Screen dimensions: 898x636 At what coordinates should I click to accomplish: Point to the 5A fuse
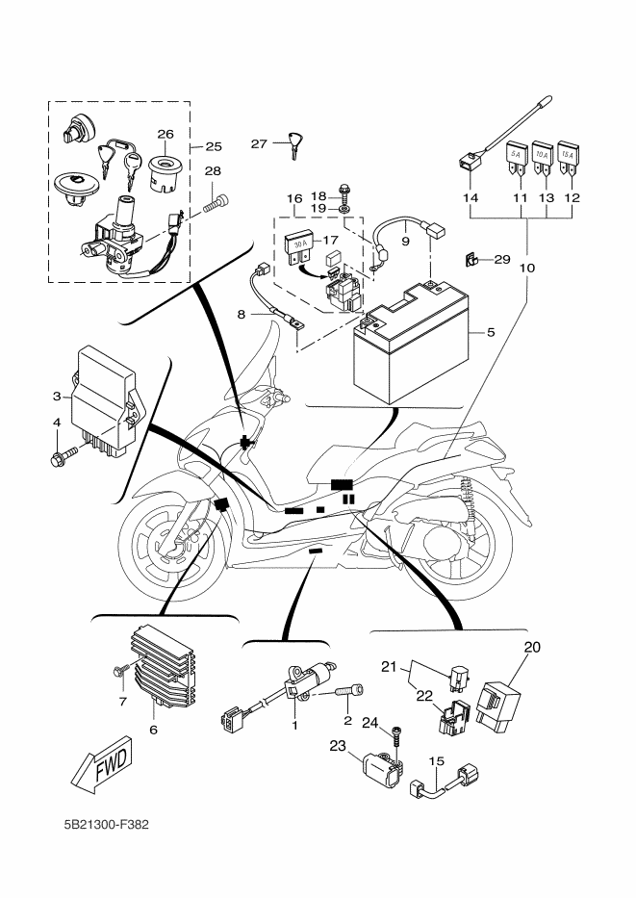[516, 158]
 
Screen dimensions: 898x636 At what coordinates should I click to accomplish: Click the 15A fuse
[569, 158]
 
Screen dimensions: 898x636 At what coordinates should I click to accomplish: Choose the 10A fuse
[542, 158]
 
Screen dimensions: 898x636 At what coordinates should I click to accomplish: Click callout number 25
[213, 147]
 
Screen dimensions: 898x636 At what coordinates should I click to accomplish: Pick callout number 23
[338, 745]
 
